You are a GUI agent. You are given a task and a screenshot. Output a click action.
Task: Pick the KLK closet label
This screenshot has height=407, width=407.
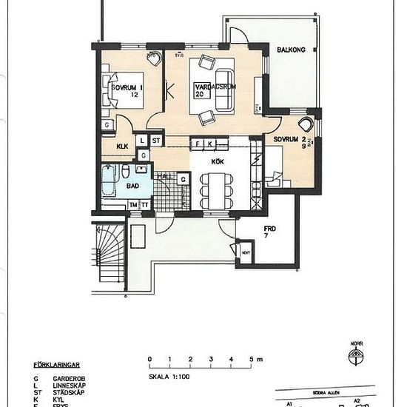coord(122,147)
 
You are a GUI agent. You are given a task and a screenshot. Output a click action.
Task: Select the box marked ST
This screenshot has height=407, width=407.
coord(156,140)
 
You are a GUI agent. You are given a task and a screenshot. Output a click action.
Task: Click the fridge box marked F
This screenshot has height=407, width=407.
coord(198,144)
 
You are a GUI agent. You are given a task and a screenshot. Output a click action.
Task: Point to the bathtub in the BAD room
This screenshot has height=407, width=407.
coord(109,181)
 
